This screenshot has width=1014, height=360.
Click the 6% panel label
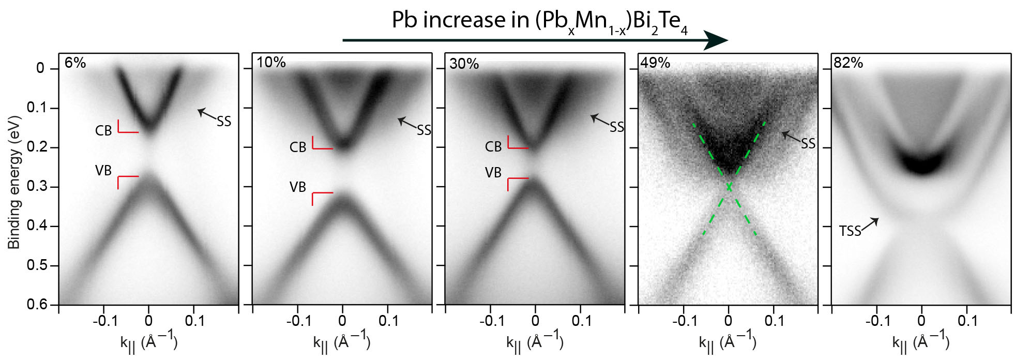(x=75, y=63)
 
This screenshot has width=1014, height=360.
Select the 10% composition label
(x=271, y=63)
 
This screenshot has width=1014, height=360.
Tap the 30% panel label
(x=464, y=64)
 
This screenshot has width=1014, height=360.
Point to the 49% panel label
(x=655, y=63)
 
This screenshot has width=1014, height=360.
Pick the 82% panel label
(x=848, y=63)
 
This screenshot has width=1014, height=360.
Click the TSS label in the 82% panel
(x=850, y=231)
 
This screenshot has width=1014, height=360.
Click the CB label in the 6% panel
(x=103, y=131)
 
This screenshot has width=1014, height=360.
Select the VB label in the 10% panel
(x=298, y=187)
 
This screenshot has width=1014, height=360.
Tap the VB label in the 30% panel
(x=493, y=173)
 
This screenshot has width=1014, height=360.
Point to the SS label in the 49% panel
(x=808, y=144)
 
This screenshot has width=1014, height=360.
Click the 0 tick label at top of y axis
(x=40, y=68)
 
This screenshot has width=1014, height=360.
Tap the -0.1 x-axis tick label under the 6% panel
(x=105, y=321)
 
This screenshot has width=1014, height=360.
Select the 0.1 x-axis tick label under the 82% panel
(x=967, y=321)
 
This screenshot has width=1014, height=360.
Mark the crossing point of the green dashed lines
(x=729, y=187)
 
